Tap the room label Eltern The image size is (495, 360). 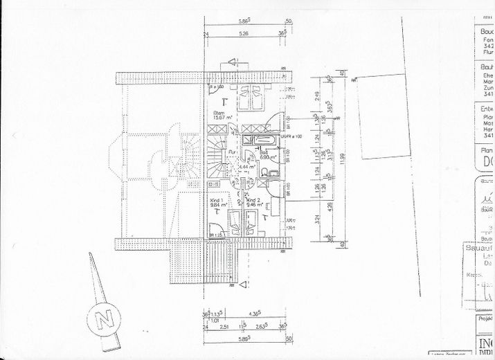[219, 114]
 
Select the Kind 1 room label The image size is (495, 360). [217, 199]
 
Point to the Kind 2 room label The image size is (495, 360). [244, 199]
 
